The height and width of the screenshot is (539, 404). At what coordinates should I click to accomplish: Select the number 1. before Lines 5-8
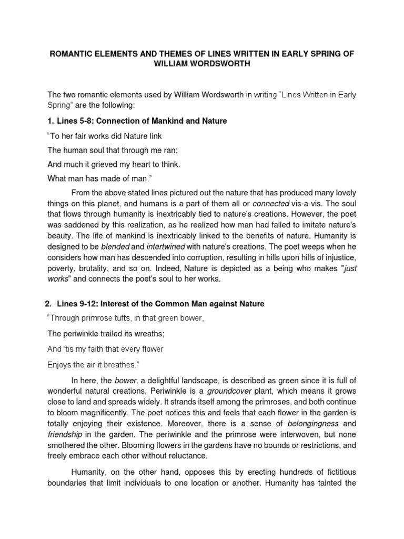(50, 121)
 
